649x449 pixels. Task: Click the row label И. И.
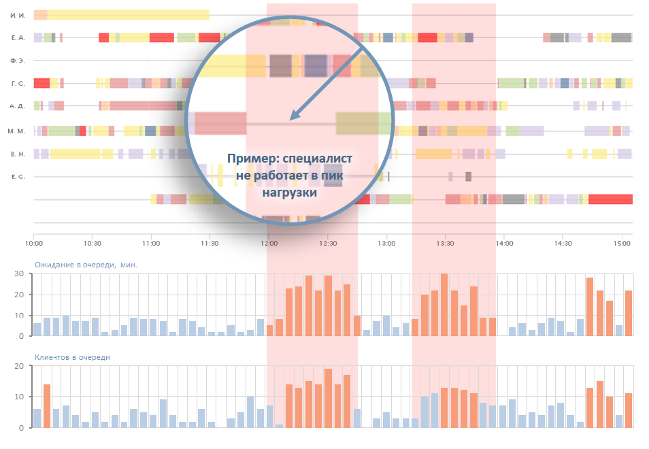click(18, 14)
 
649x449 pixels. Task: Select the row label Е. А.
click(18, 37)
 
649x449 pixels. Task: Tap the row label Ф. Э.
click(18, 61)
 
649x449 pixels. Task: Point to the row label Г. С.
click(18, 84)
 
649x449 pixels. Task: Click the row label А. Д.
click(18, 107)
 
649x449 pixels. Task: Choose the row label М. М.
click(18, 130)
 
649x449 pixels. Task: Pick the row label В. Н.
click(18, 154)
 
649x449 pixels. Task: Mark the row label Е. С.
click(18, 177)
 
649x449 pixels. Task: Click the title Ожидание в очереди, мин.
click(86, 265)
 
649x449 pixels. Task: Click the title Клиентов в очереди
click(72, 356)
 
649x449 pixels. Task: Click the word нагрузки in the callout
click(290, 193)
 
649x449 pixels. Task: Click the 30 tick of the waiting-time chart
click(20, 274)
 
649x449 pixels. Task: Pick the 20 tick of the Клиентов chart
click(20, 366)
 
